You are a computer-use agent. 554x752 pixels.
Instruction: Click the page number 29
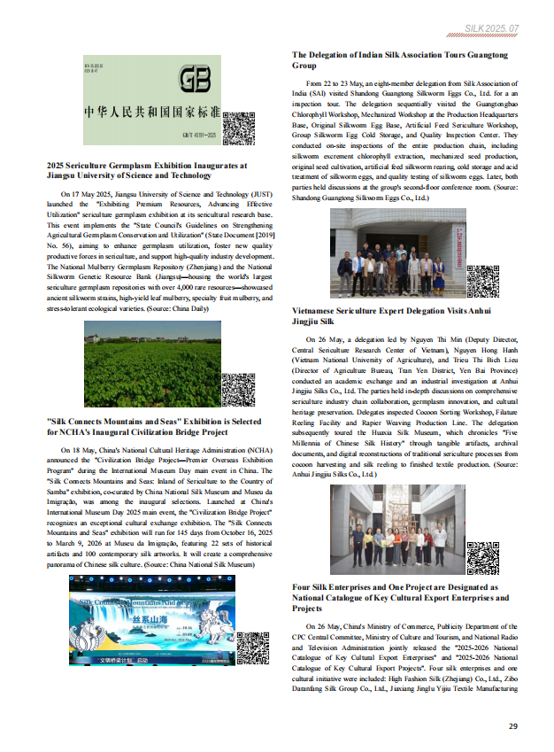(x=512, y=726)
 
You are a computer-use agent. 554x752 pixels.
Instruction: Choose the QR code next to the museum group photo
(x=483, y=557)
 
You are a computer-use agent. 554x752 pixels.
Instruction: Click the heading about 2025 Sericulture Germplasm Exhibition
(x=147, y=170)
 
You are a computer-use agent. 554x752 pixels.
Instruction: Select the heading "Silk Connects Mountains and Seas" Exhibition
(x=153, y=427)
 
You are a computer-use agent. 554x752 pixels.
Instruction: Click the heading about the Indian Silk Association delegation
(x=400, y=60)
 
